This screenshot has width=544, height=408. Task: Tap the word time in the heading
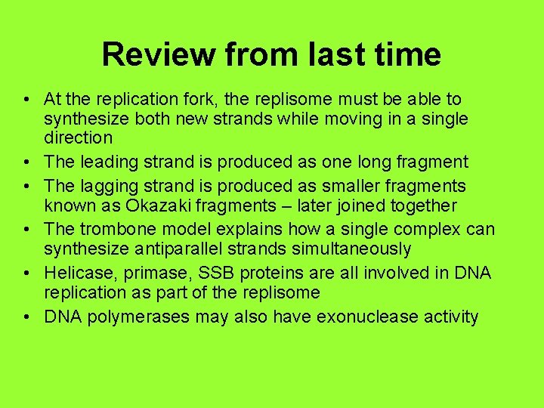pos(406,54)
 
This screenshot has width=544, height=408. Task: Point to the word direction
pos(79,138)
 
